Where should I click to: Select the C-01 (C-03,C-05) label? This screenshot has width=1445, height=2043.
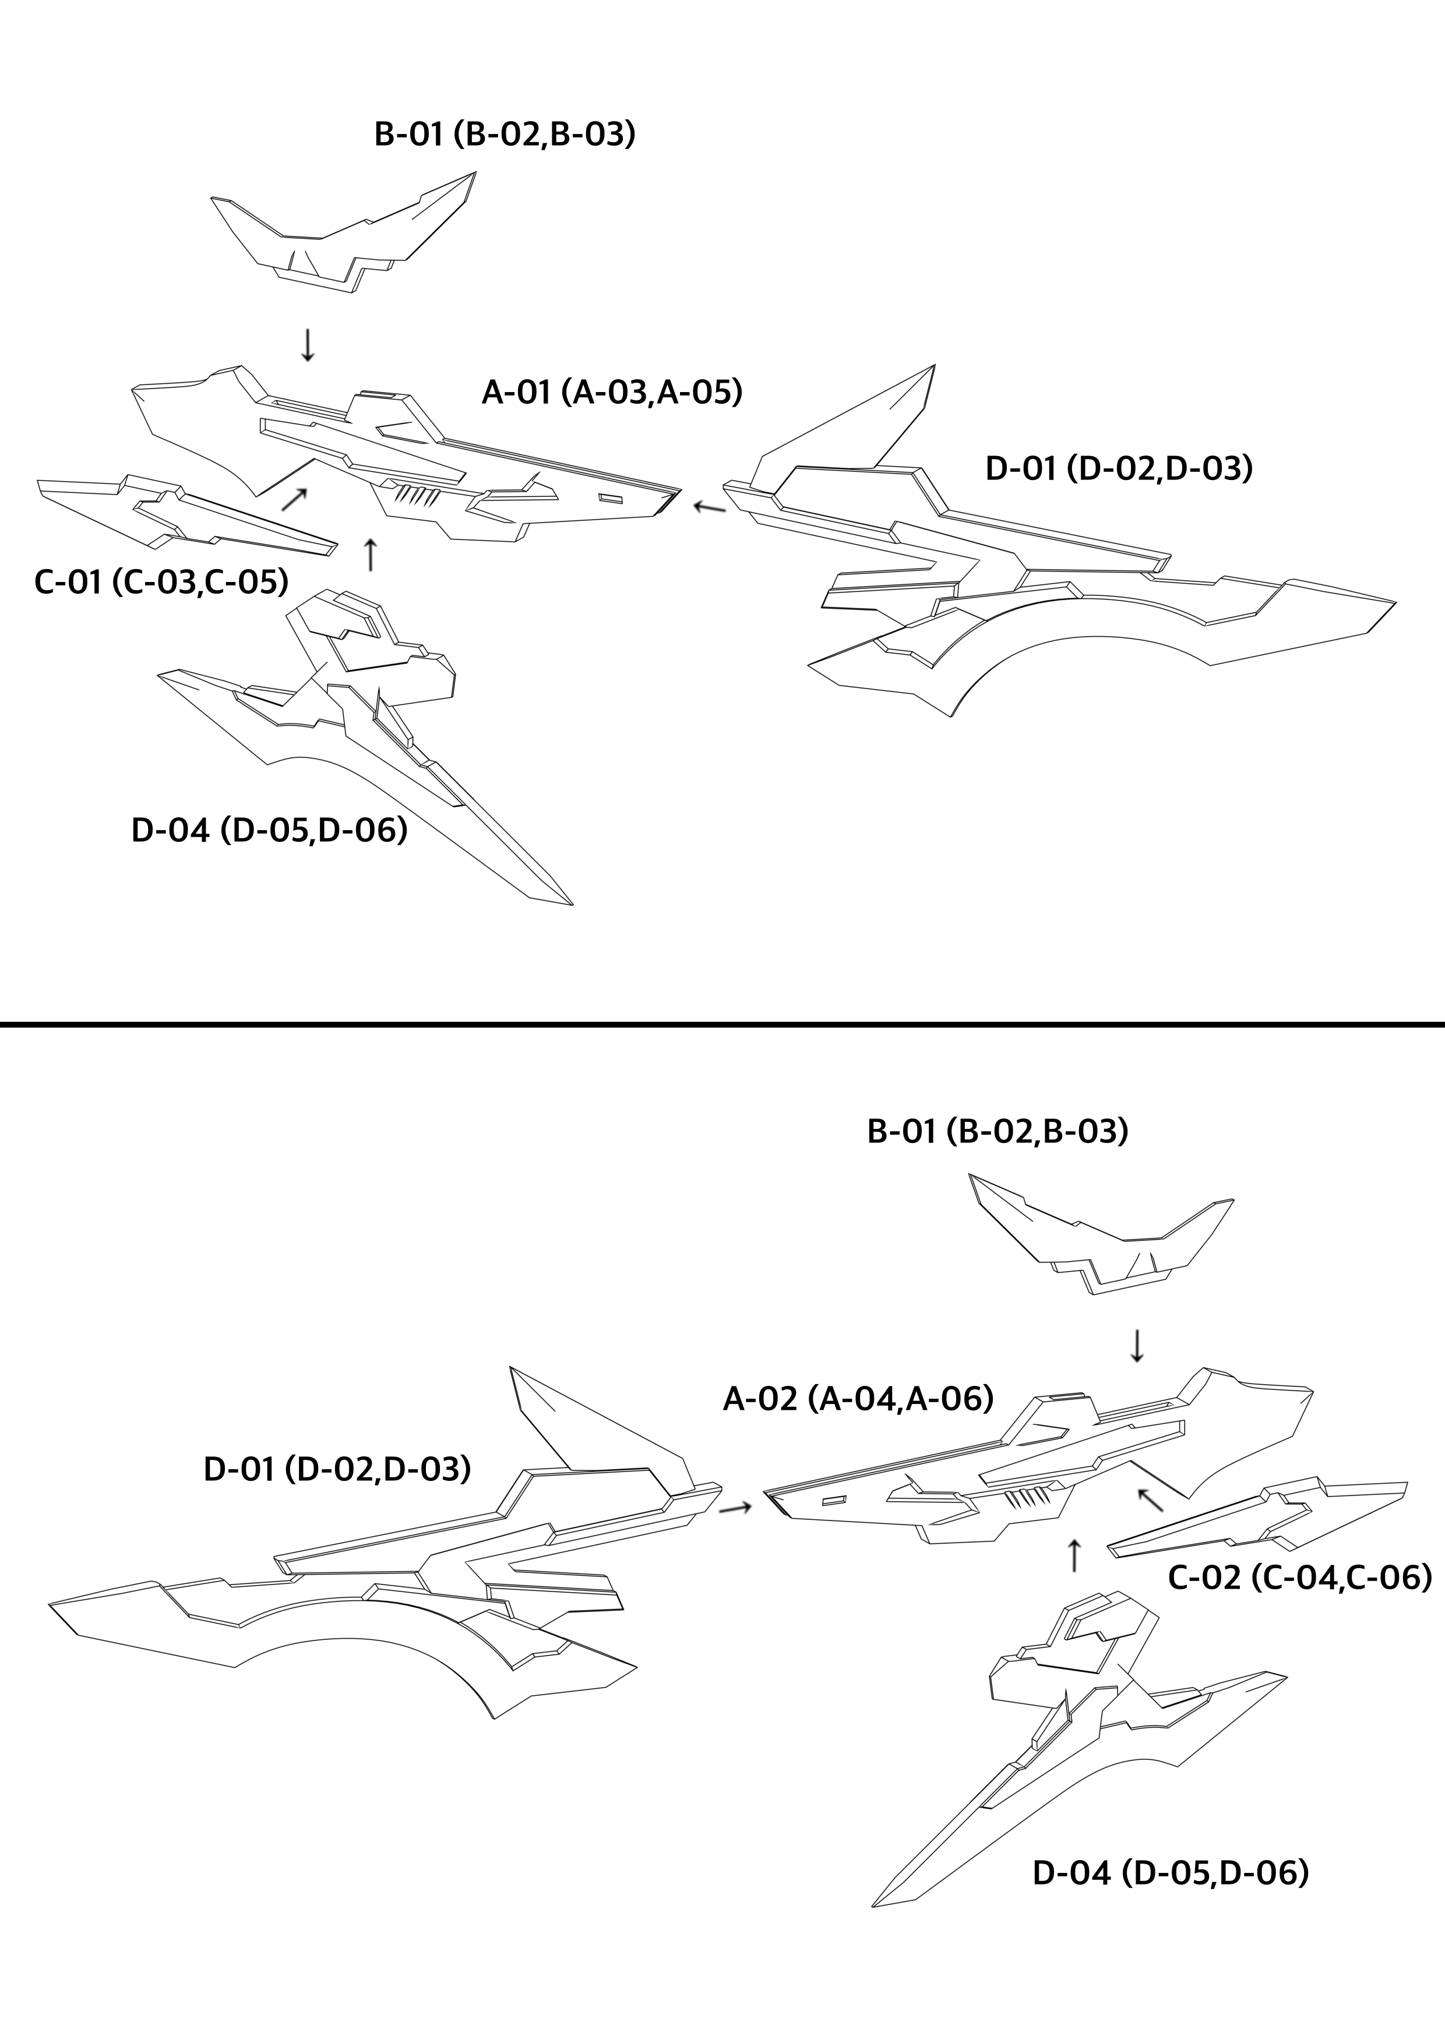pos(161,582)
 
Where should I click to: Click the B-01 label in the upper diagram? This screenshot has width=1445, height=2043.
pos(505,135)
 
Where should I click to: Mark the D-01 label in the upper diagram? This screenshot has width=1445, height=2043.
pos(1119,468)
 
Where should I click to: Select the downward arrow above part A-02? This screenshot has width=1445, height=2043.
pos(1136,1346)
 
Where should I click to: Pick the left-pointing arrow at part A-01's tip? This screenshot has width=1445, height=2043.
pos(710,507)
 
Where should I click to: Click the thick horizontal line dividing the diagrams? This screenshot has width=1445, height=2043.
pos(722,1024)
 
